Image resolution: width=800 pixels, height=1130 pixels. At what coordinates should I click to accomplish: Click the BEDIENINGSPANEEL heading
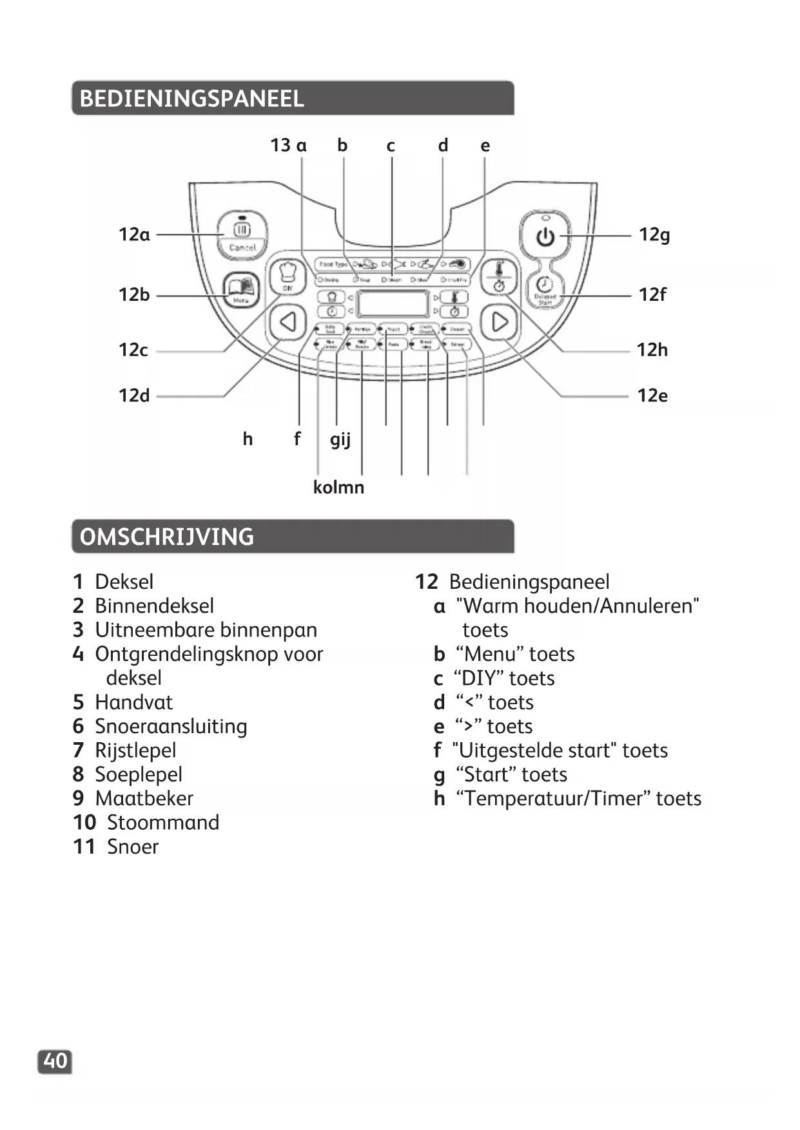191,99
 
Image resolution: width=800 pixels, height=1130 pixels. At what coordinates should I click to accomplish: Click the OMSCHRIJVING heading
166,537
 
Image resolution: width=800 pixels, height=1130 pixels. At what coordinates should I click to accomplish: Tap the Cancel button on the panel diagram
242,236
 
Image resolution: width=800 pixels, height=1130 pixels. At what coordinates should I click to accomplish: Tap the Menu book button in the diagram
241,290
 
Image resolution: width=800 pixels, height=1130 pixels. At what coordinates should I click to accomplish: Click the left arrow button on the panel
288,321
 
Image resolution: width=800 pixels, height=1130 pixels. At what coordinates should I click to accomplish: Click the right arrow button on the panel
500,321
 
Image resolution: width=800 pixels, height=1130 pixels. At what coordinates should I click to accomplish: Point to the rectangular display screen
393,303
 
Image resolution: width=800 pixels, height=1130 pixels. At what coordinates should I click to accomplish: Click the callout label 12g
654,235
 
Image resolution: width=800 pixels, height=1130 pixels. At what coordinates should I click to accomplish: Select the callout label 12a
134,235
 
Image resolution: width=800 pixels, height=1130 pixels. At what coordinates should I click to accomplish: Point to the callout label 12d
134,396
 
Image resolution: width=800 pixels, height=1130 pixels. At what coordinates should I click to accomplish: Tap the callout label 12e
652,396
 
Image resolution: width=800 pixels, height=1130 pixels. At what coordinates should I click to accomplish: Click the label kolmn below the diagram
338,487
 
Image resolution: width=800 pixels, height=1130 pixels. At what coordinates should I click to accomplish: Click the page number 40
55,1061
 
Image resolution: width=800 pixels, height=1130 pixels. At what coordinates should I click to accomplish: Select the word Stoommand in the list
163,823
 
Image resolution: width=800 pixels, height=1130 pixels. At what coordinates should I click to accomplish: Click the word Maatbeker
144,799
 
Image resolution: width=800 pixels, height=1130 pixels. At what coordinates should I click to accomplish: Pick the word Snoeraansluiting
171,727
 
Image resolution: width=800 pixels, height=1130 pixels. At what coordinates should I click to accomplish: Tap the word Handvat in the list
134,702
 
